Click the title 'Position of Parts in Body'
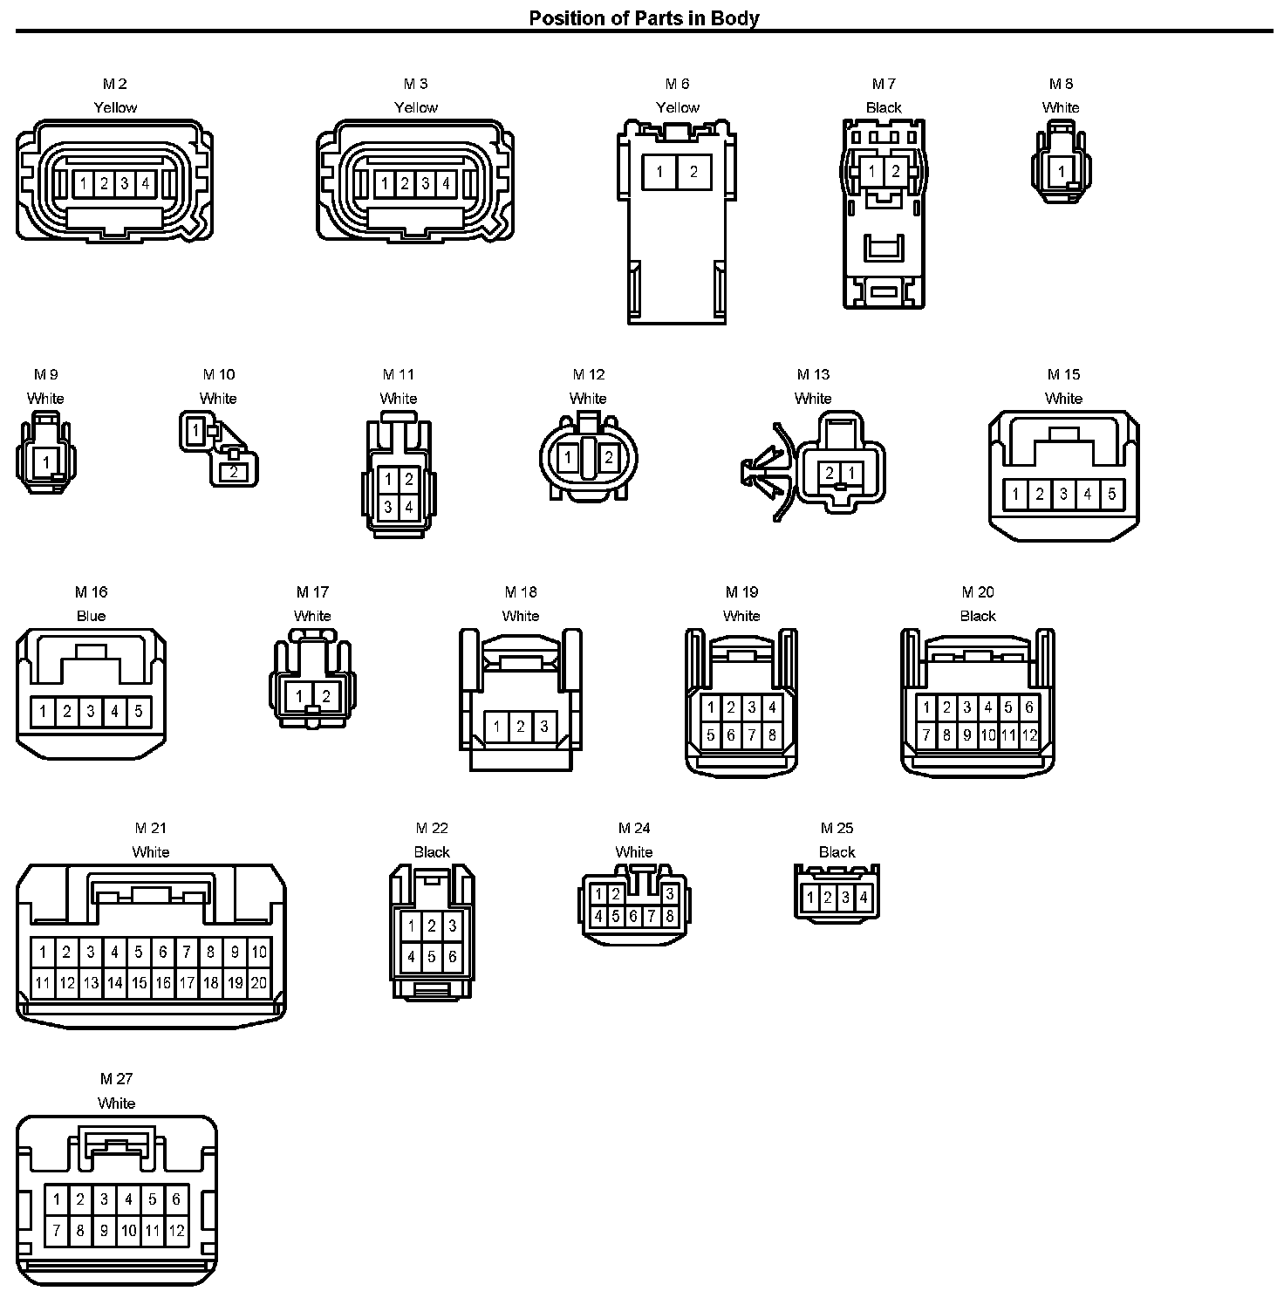(x=644, y=17)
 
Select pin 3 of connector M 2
(x=125, y=183)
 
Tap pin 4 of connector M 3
(x=446, y=183)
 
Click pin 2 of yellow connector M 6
(x=693, y=172)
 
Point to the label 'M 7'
(x=884, y=84)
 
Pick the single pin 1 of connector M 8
(x=1061, y=171)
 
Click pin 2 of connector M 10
(x=234, y=472)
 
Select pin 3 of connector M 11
(x=389, y=507)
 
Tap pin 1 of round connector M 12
(x=569, y=458)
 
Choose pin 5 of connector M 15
(x=1111, y=494)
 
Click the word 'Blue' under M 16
(x=91, y=616)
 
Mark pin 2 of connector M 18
(x=520, y=726)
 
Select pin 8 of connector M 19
(x=772, y=735)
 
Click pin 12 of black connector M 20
(x=1029, y=735)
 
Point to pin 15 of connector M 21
(x=139, y=982)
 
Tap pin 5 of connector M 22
(x=432, y=957)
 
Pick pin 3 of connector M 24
(x=669, y=894)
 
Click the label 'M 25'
(x=837, y=828)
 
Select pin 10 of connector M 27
(x=128, y=1231)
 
